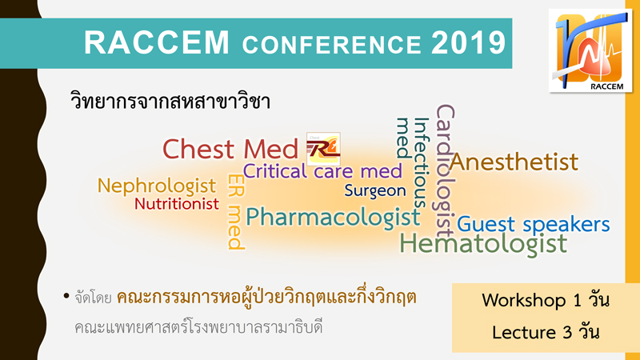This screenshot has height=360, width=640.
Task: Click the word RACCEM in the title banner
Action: click(x=157, y=42)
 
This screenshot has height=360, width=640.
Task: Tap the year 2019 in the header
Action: click(x=469, y=42)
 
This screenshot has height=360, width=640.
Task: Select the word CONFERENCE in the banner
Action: click(x=331, y=44)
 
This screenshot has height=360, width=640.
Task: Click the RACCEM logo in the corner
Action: click(x=590, y=50)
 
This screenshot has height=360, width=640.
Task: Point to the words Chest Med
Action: click(x=230, y=149)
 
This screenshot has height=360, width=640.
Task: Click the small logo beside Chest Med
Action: click(x=323, y=149)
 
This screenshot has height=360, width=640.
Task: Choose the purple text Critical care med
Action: click(x=322, y=171)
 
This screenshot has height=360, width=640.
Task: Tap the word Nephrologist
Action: click(x=156, y=186)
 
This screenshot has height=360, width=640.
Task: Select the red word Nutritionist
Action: click(x=177, y=203)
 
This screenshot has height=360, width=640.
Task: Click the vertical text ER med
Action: click(x=236, y=211)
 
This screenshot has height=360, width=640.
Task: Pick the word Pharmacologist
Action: click(x=333, y=217)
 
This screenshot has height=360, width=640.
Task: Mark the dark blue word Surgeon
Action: click(x=375, y=190)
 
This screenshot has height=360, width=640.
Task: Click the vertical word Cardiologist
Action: click(x=446, y=171)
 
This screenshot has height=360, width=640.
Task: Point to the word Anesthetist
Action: click(x=514, y=162)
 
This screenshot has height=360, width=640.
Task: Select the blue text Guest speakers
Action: click(x=533, y=224)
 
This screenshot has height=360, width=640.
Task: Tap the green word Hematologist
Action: click(x=483, y=243)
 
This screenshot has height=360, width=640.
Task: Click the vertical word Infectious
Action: click(x=422, y=163)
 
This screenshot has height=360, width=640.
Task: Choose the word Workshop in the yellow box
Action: click(x=524, y=301)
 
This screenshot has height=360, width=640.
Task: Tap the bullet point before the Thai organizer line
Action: click(x=66, y=296)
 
